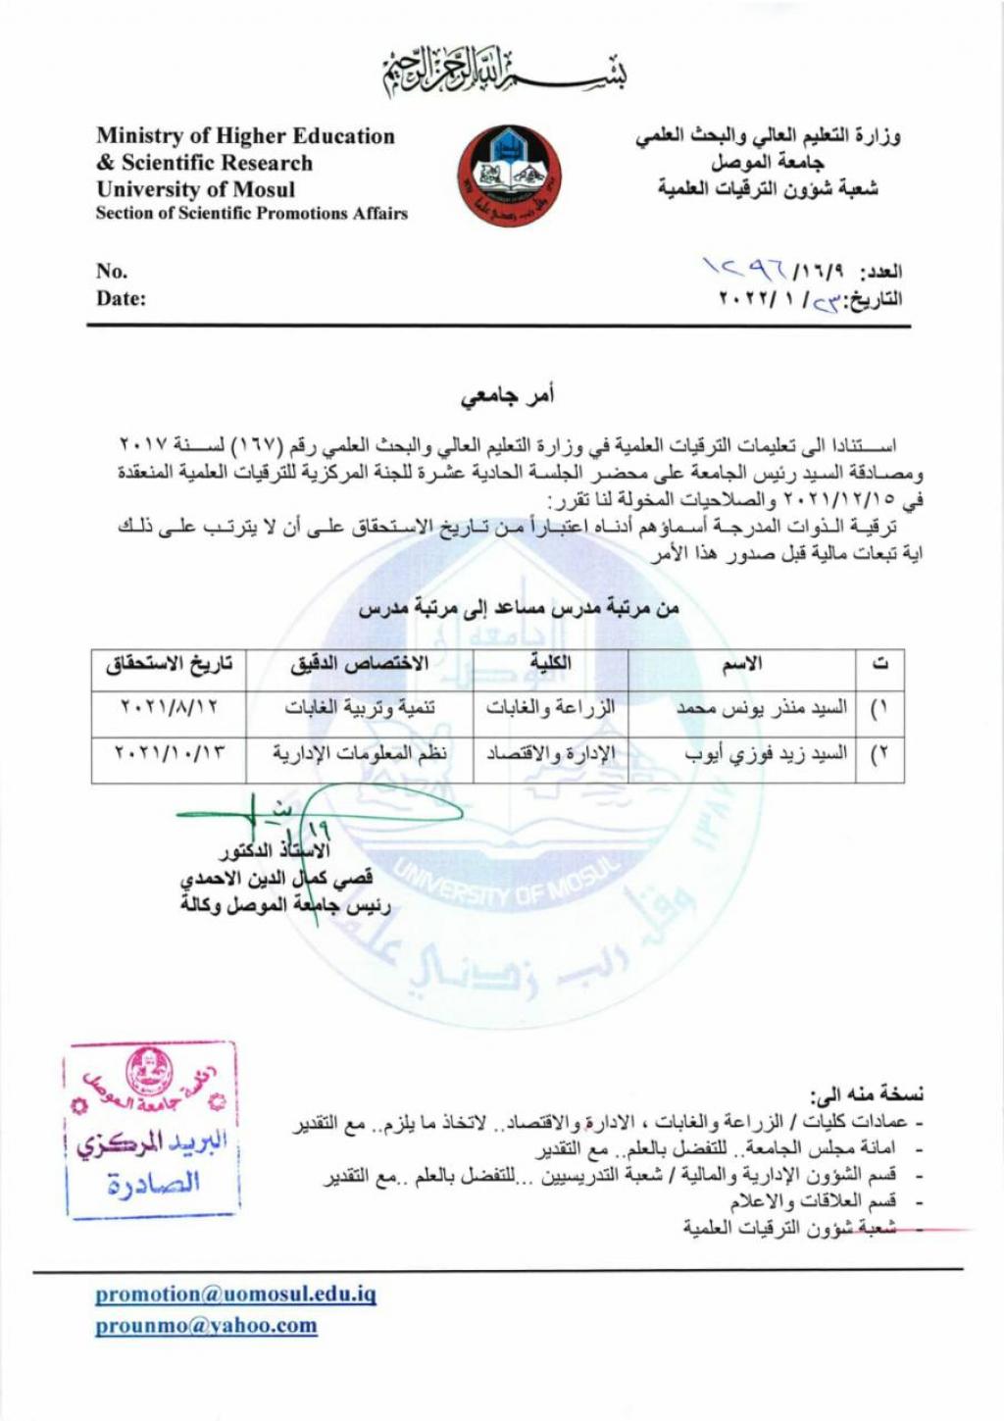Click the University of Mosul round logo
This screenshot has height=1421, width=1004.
pos(509,176)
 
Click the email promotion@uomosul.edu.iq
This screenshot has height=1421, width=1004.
pos(235,1294)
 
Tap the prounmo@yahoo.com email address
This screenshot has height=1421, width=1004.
pos(206,1326)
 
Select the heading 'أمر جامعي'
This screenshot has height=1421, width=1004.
pos(508,395)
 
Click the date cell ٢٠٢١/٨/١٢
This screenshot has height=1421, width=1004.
pos(169,707)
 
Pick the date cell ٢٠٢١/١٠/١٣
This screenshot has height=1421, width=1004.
pos(169,754)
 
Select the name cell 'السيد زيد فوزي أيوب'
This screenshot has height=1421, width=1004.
pos(766,754)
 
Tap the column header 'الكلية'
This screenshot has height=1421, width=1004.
pos(550,664)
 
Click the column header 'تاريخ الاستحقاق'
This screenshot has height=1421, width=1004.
pos(169,664)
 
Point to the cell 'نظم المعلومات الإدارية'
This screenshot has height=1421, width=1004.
pos(360,754)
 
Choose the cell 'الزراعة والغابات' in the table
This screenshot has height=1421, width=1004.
pos(550,707)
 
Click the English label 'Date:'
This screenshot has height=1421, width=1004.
pos(121,299)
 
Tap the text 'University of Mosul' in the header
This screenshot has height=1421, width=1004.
pos(195,189)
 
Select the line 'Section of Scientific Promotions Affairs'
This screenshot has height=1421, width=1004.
pos(251,214)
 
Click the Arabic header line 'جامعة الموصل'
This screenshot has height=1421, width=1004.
pos(767,163)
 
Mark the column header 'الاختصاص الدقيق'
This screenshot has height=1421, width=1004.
pos(360,664)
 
